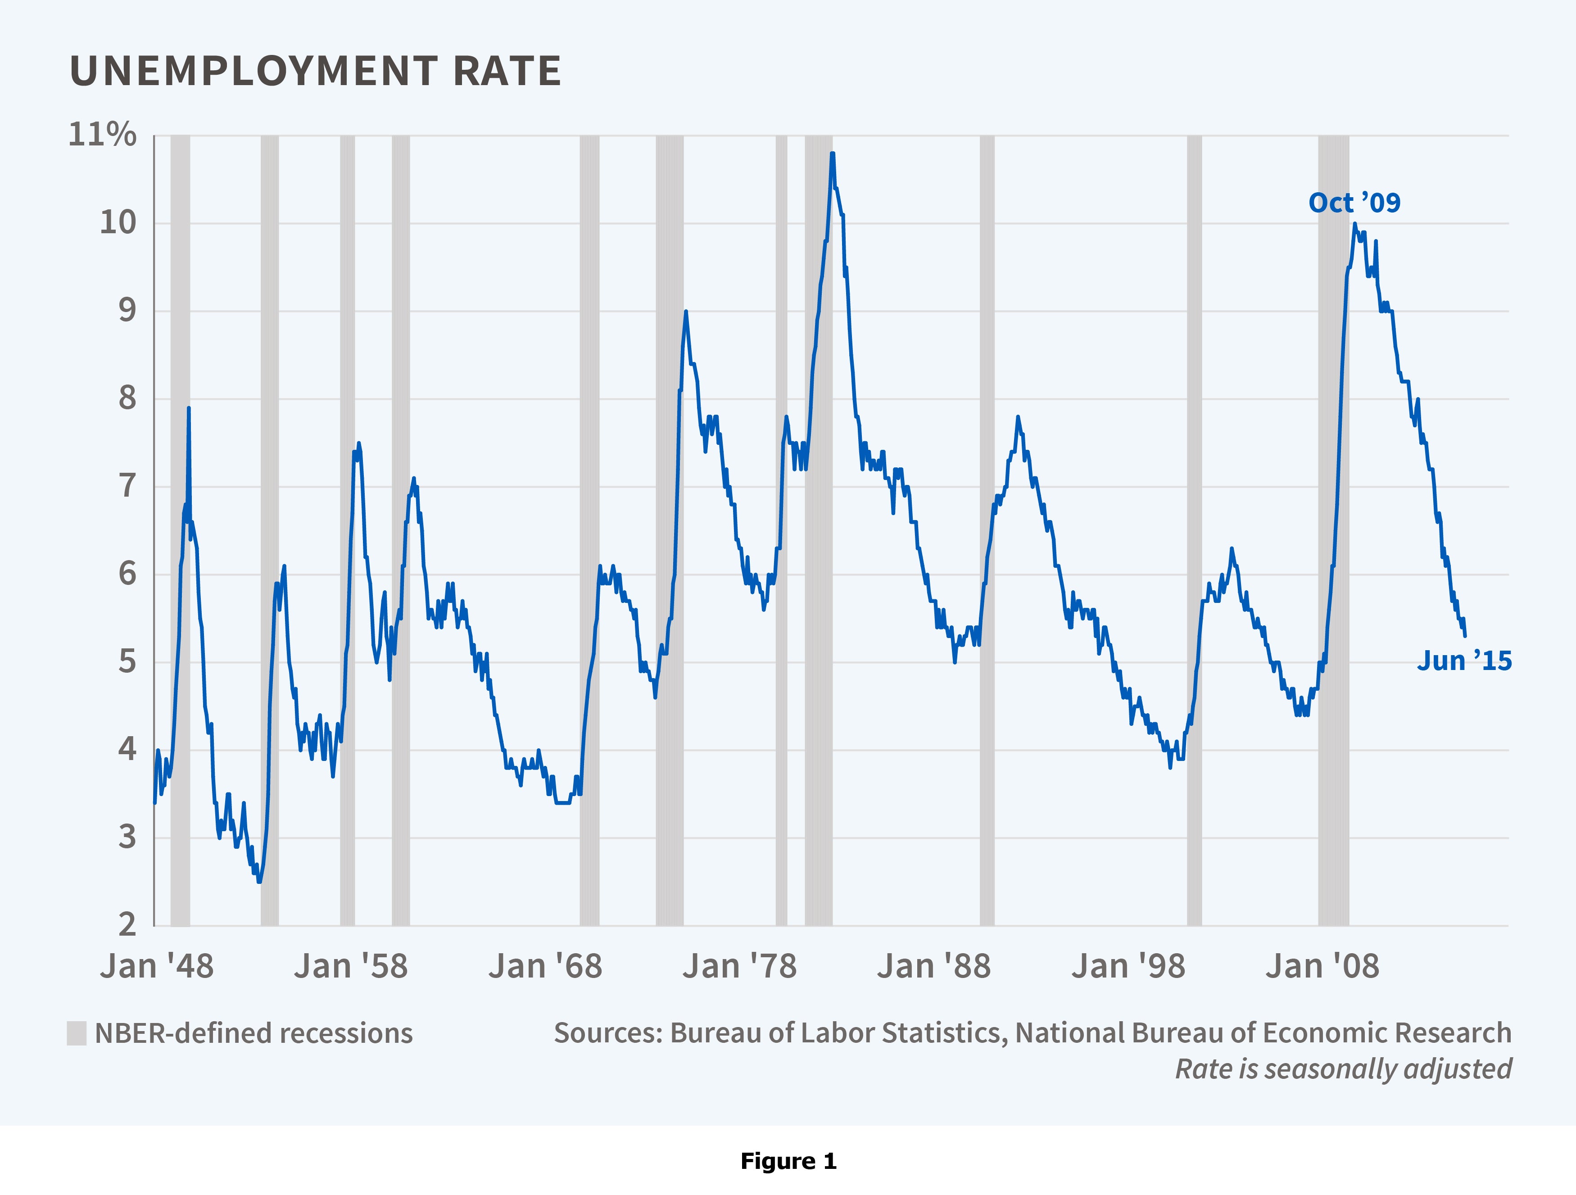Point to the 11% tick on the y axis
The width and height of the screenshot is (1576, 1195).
click(102, 134)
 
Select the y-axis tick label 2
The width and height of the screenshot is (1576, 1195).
click(127, 924)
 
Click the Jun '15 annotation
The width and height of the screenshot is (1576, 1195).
click(1464, 661)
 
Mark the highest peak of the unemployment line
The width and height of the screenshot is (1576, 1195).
click(832, 153)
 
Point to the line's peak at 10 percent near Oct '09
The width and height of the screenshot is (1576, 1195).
click(1354, 225)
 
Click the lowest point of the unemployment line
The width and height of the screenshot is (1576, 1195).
click(259, 882)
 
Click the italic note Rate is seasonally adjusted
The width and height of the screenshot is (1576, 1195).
click(1343, 1069)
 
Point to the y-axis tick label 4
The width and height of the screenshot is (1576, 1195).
click(127, 749)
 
